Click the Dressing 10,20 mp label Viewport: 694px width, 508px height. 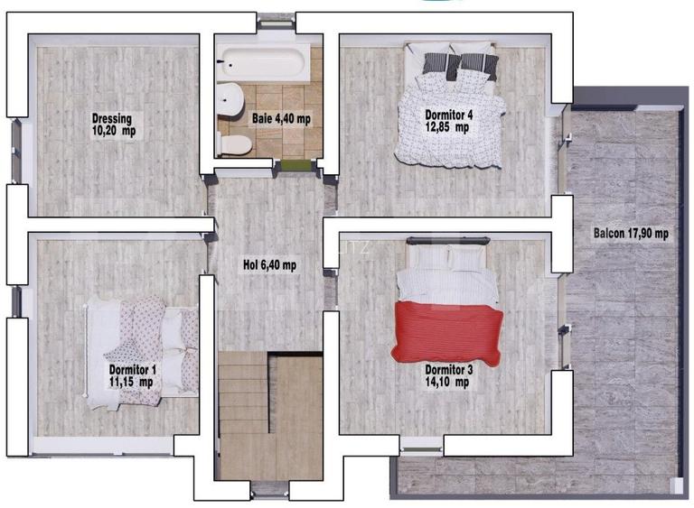[114, 125]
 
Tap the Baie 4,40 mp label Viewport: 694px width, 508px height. [281, 118]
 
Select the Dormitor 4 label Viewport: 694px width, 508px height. [449, 115]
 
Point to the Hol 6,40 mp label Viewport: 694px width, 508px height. [269, 265]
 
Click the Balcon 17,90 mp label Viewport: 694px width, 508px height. [631, 233]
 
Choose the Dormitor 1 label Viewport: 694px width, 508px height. [132, 369]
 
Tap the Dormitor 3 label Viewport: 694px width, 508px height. [449, 369]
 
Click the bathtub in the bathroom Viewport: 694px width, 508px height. [264, 63]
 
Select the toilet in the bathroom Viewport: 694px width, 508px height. [234, 145]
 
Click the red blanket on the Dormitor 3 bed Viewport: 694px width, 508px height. [447, 333]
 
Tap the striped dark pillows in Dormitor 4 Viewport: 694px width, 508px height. [460, 65]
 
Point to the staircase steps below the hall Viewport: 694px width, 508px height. [243, 393]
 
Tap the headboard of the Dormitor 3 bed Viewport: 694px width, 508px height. [448, 241]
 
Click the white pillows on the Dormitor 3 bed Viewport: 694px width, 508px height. [447, 257]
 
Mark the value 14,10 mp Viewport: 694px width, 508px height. [447, 382]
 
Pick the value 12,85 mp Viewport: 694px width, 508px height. [447, 127]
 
